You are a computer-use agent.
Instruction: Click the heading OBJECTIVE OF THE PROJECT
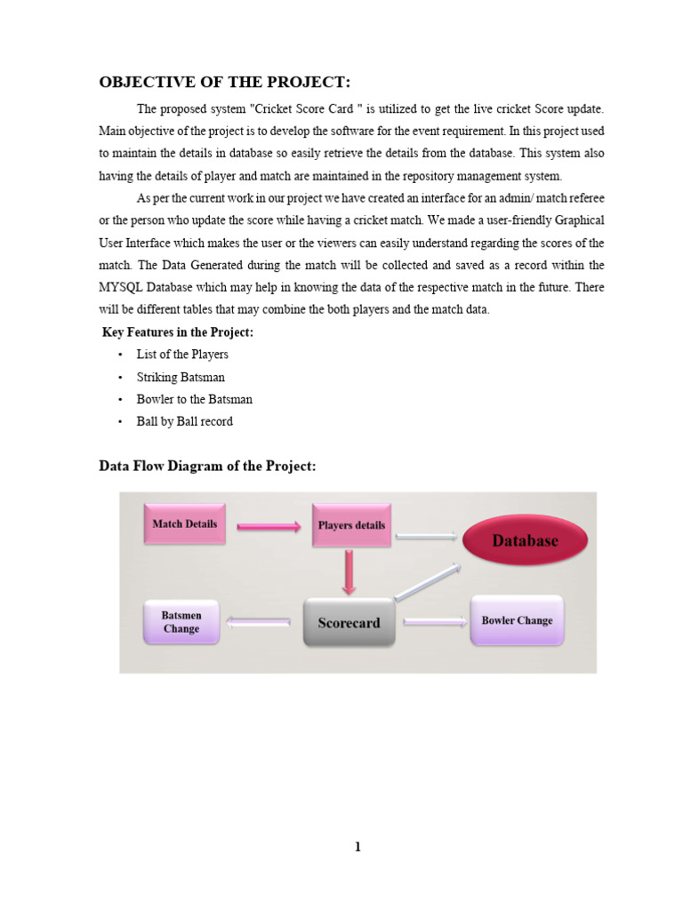click(224, 83)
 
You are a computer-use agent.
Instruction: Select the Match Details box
click(185, 524)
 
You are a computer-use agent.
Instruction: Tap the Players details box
click(351, 525)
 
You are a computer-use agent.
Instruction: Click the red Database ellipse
click(526, 540)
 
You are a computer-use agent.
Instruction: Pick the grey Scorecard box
click(349, 623)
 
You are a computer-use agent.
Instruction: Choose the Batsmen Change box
click(181, 622)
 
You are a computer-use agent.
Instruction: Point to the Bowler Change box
click(517, 620)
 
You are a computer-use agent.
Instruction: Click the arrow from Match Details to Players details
click(269, 527)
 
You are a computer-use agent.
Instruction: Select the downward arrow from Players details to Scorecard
click(349, 571)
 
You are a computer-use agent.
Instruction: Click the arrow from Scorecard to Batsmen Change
click(259, 623)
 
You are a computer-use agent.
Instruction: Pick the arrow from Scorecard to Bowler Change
click(434, 622)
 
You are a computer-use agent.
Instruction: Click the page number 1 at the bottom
click(358, 847)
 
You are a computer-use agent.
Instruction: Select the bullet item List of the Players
click(182, 355)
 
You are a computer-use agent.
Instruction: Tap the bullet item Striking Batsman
click(181, 377)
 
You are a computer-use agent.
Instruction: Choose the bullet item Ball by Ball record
click(184, 421)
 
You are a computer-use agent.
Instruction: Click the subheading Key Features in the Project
click(178, 331)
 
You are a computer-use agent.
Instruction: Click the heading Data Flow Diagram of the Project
click(206, 467)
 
